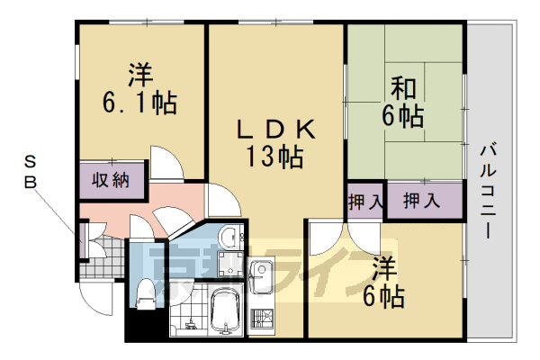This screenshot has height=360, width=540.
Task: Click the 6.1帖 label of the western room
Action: pos(139,100)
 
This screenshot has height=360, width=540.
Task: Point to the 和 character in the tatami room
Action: pos(402,88)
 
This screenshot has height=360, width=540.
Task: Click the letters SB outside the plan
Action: pos(30,172)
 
